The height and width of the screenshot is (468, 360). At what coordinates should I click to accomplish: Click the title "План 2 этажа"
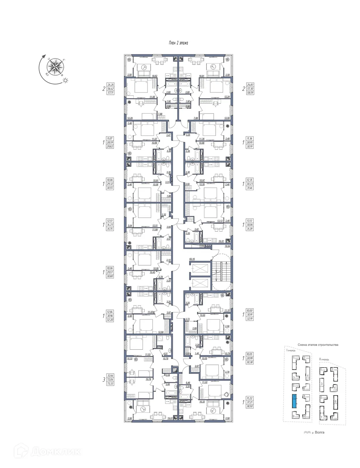pos(178,43)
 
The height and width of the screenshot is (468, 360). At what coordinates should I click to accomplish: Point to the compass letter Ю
pos(47,74)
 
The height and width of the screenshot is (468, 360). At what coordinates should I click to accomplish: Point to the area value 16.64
pos(227,246)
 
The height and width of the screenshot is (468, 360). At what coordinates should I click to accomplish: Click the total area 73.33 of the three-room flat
pos(110,383)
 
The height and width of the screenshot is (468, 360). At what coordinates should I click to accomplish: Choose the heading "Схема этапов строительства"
pos(318,345)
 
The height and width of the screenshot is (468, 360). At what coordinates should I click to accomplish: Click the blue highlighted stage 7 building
pos(294,401)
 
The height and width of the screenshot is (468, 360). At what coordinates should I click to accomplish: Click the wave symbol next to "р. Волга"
pos(307,432)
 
